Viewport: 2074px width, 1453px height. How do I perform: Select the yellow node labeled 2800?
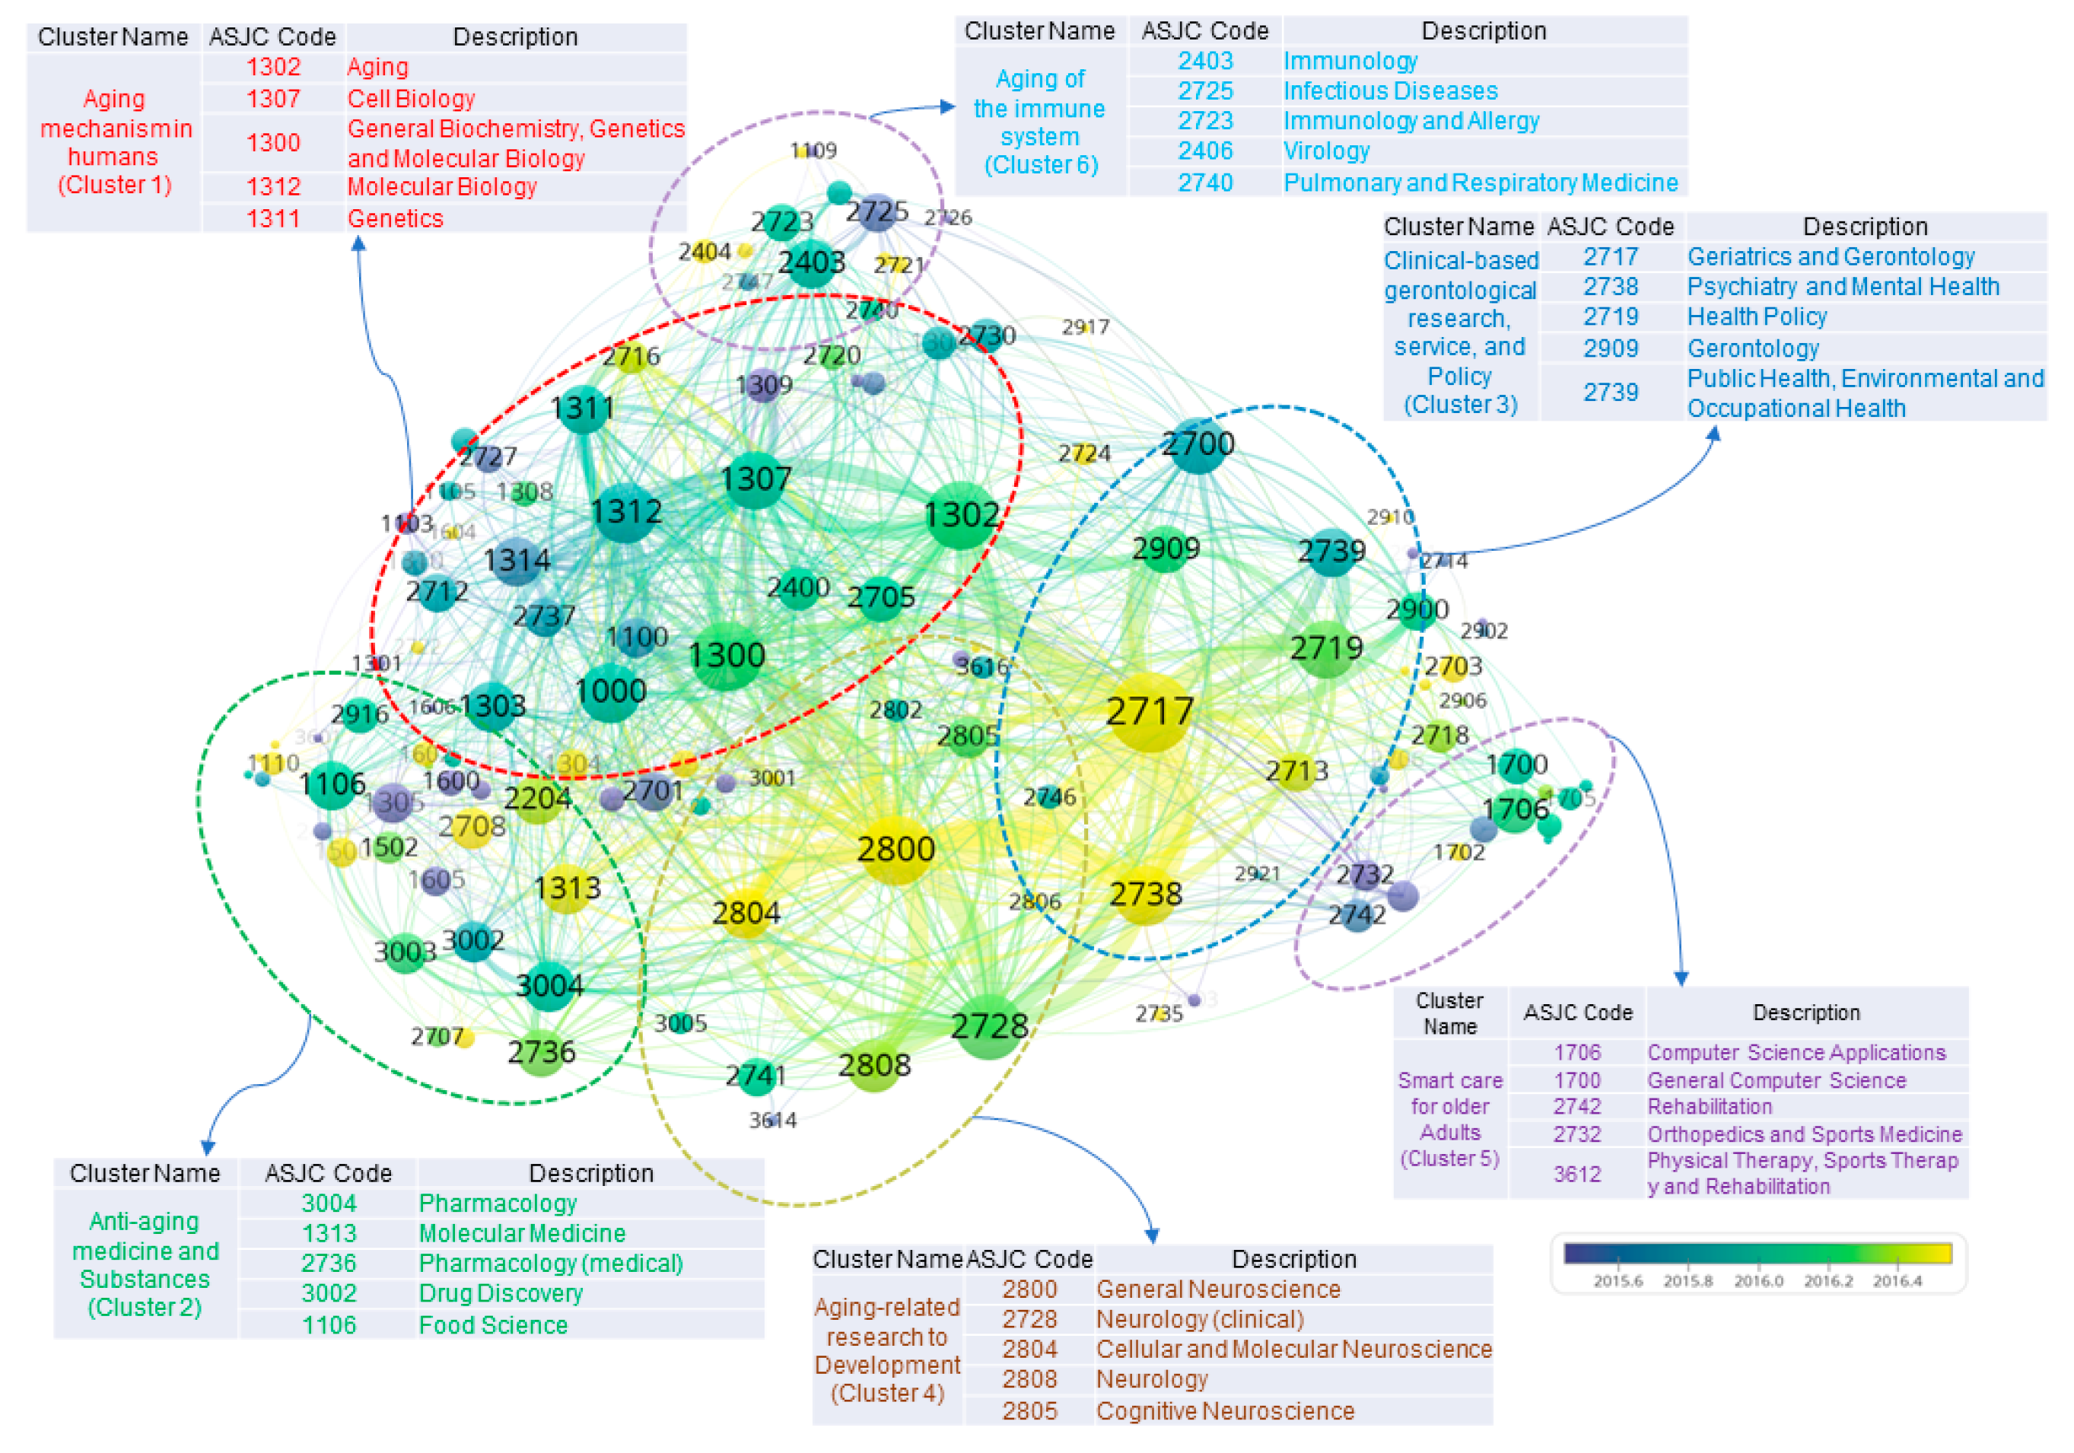(x=895, y=849)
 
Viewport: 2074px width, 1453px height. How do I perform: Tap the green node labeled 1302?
(x=961, y=516)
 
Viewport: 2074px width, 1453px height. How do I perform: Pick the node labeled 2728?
(x=989, y=1026)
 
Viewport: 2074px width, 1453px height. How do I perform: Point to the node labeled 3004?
(x=549, y=984)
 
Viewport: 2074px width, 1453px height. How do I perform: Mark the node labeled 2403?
(x=811, y=262)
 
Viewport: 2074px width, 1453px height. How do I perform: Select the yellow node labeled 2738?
(x=1145, y=894)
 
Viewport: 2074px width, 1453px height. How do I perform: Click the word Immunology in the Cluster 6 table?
(x=1350, y=62)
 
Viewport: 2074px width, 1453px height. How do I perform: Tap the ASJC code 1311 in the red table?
(x=273, y=218)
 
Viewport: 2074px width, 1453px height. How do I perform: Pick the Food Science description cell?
(x=493, y=1324)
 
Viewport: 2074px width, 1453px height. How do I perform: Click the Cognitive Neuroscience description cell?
(x=1225, y=1410)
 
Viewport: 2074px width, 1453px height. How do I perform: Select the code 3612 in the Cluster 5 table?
(x=1576, y=1173)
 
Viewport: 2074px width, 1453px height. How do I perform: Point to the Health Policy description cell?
(x=1757, y=317)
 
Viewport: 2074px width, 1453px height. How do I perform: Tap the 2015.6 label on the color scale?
(x=1618, y=1280)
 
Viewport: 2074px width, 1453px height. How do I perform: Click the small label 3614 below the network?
(x=772, y=1121)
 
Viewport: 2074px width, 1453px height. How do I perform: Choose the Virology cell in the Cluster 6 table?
(x=1326, y=151)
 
